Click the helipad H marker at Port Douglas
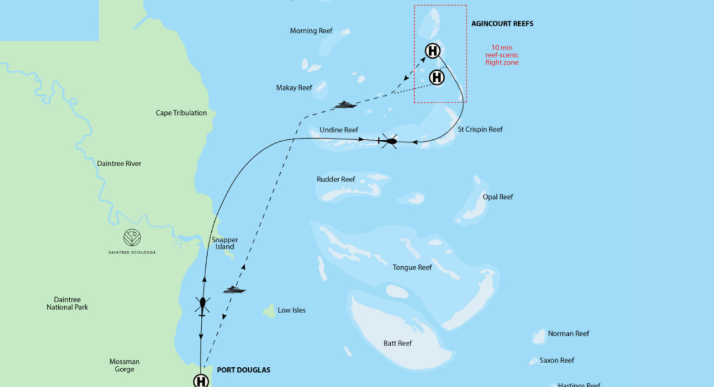[x=201, y=381]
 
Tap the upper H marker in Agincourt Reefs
[x=433, y=51]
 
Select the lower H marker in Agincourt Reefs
[x=437, y=77]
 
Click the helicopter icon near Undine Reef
[x=389, y=141]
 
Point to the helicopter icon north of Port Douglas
[x=202, y=305]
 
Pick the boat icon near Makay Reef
[x=346, y=105]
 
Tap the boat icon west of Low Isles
[x=234, y=290]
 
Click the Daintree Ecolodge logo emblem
[x=132, y=238]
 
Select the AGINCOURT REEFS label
[x=502, y=24]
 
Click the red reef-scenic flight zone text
[x=502, y=55]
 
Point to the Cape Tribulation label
[x=181, y=113]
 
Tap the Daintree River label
[x=120, y=163]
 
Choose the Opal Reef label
[x=498, y=197]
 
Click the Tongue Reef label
[x=412, y=267]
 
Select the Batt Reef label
[x=397, y=343]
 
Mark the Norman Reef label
[x=568, y=333]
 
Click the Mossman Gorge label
[x=124, y=366]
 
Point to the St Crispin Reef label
[x=480, y=129]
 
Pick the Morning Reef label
[x=311, y=31]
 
